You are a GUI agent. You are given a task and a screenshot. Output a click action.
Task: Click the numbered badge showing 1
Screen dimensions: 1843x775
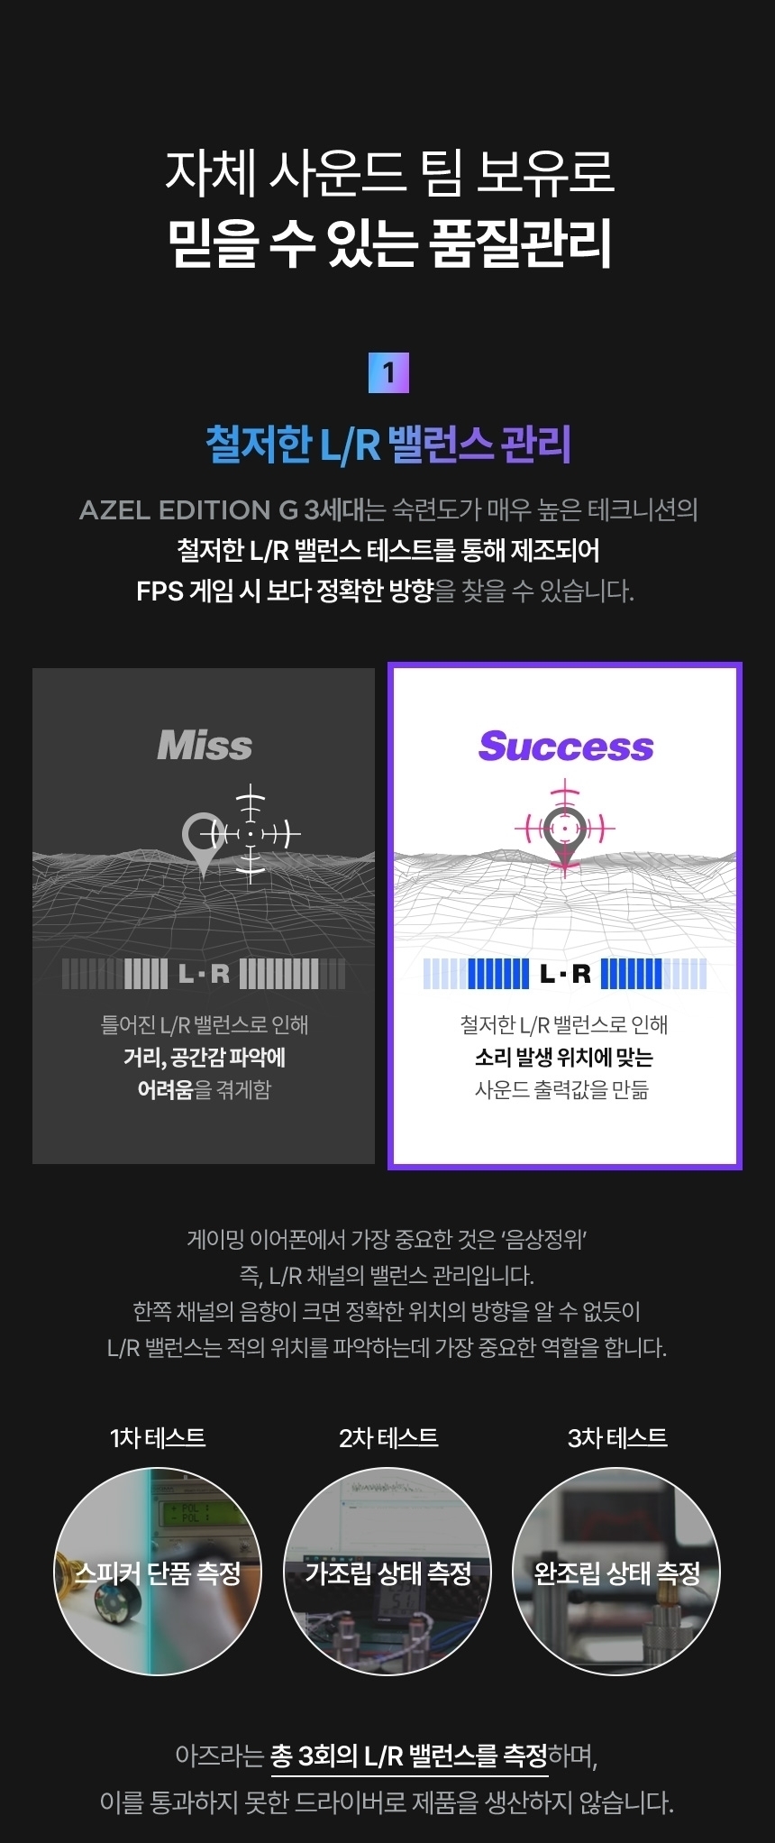tap(388, 372)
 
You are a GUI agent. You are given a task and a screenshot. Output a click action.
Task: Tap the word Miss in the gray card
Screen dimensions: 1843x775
tap(205, 746)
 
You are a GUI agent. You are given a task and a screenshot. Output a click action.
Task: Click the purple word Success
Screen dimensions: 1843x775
tap(566, 747)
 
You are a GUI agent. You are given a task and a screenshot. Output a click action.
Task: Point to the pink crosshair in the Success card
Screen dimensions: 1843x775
tap(565, 826)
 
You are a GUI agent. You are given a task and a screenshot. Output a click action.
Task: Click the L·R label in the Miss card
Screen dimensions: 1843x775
tap(204, 974)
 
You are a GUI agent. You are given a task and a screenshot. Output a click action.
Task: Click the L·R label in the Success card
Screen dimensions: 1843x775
tap(565, 974)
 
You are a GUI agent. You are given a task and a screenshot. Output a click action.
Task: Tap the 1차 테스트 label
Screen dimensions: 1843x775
tap(158, 1437)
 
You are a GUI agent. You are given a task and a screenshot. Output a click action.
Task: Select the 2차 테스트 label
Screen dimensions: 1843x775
tap(388, 1437)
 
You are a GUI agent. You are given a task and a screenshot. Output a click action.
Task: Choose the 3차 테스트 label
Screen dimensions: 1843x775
tap(617, 1437)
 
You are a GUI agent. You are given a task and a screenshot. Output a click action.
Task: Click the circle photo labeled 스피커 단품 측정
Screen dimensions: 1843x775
tap(158, 1572)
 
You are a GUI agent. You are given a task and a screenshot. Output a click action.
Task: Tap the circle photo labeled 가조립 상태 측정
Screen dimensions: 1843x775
tap(387, 1572)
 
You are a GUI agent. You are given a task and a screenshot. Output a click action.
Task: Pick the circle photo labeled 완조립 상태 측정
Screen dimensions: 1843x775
tap(617, 1572)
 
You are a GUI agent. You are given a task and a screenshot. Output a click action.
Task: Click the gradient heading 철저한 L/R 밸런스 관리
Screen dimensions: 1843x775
tap(388, 445)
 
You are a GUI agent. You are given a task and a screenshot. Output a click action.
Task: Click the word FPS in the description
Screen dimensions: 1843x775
tap(160, 591)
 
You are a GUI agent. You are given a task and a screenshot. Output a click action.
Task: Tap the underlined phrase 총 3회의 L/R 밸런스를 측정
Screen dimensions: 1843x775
tap(409, 1756)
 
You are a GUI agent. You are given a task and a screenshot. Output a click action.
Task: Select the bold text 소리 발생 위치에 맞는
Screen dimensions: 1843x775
tap(564, 1057)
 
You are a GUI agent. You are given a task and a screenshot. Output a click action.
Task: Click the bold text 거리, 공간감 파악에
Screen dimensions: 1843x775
tap(205, 1057)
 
